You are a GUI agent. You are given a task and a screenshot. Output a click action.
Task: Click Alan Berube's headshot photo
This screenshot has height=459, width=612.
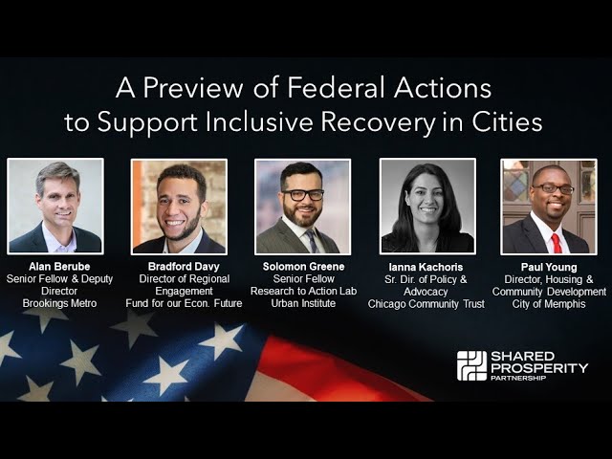(x=55, y=206)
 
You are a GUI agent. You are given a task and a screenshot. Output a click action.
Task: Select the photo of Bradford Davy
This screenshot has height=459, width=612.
(x=179, y=206)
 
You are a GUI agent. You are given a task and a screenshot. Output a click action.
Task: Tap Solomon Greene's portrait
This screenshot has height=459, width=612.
(x=302, y=206)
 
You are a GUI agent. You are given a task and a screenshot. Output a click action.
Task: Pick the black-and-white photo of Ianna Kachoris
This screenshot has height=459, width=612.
(x=427, y=206)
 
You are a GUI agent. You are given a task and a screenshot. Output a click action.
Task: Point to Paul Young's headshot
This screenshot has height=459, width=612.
(x=548, y=206)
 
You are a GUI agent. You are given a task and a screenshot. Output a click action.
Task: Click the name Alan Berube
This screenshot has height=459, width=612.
(x=55, y=266)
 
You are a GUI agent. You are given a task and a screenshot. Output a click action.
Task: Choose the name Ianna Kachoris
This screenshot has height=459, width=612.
(x=426, y=266)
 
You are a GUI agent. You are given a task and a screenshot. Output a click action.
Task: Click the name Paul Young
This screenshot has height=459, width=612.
(x=549, y=266)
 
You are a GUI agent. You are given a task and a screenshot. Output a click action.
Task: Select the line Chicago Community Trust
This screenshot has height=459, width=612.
(x=426, y=303)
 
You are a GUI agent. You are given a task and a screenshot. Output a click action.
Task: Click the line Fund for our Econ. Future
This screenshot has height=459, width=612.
(x=184, y=303)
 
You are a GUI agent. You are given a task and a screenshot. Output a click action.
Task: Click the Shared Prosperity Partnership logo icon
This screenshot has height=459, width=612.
(x=471, y=366)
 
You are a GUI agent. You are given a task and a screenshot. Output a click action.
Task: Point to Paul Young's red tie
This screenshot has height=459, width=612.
(x=556, y=242)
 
